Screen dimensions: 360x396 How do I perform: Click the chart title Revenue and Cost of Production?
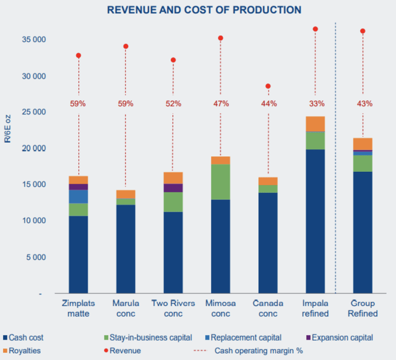click(204, 10)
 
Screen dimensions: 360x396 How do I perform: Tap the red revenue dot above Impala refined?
click(315, 29)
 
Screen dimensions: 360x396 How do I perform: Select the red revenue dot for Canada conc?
click(268, 86)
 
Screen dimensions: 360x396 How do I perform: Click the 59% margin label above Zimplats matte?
click(79, 103)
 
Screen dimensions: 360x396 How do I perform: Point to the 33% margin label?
click(315, 103)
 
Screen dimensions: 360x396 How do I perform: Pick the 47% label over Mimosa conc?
click(221, 103)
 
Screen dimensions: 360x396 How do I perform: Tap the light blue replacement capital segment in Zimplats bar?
click(79, 196)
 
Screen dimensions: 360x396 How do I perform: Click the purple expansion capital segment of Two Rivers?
click(173, 188)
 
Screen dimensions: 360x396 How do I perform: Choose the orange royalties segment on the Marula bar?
click(126, 194)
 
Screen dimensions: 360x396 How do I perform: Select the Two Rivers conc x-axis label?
click(173, 308)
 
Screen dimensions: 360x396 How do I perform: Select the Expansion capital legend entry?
click(340, 337)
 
